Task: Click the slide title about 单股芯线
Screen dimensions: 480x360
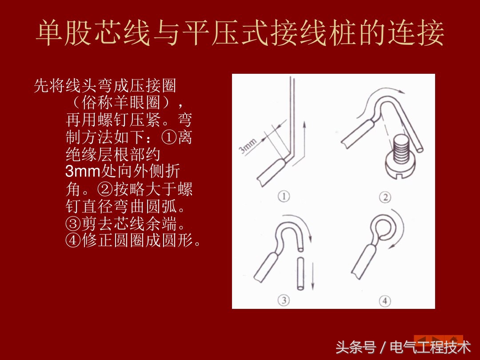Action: [x=240, y=33]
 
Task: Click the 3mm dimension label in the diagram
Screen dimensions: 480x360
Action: [x=248, y=145]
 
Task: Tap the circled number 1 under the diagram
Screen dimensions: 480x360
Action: [x=284, y=196]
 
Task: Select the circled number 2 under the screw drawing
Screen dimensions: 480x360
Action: [x=385, y=197]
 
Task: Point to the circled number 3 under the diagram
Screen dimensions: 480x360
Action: [x=284, y=300]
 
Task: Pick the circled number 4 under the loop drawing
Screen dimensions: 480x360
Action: [x=385, y=300]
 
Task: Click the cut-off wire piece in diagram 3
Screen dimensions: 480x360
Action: [x=300, y=273]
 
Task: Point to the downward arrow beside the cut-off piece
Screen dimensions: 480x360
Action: [x=312, y=276]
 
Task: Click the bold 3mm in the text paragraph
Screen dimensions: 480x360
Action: [x=83, y=171]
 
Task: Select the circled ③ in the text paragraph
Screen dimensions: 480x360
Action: [x=73, y=224]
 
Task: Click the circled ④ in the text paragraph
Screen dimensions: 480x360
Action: [x=73, y=240]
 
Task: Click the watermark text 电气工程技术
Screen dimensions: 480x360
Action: [x=430, y=348]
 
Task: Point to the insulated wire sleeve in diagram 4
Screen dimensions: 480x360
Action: [x=364, y=260]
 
